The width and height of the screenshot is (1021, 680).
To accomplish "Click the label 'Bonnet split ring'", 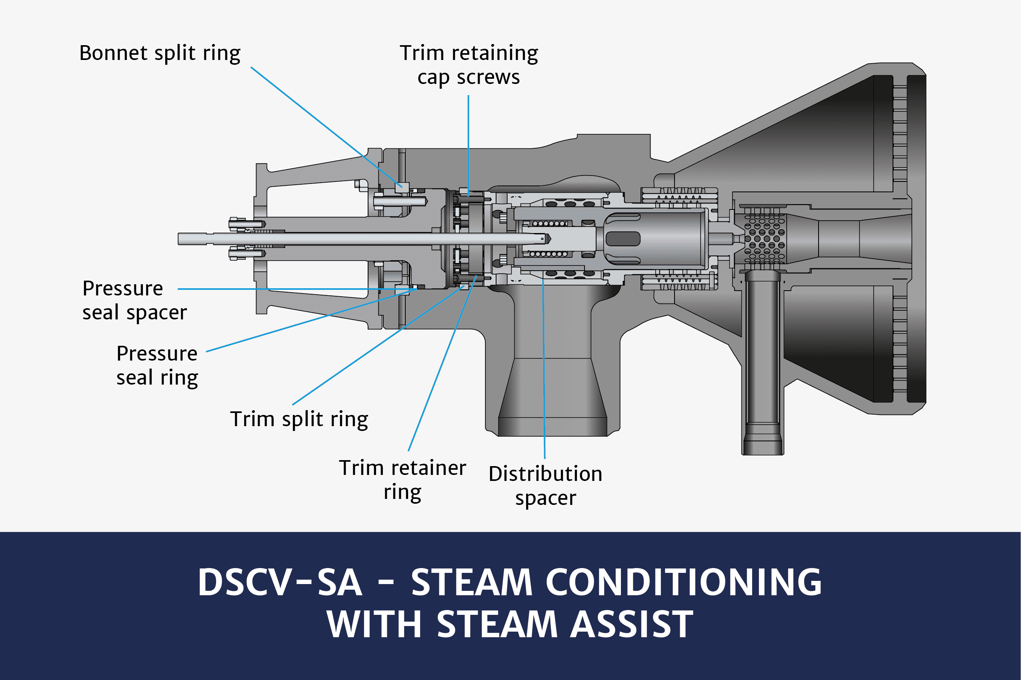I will [160, 53].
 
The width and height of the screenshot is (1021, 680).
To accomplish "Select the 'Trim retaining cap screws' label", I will [468, 65].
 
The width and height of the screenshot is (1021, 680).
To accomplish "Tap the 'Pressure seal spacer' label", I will [134, 300].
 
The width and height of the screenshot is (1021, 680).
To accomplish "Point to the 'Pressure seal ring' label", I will [157, 365].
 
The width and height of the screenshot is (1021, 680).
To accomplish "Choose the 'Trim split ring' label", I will [299, 419].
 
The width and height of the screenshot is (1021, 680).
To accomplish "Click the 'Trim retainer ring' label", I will [402, 480].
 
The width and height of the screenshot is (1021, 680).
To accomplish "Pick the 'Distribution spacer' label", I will [545, 485].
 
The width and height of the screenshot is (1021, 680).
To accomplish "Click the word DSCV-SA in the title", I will [280, 582].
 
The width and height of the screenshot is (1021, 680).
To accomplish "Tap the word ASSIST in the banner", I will [631, 624].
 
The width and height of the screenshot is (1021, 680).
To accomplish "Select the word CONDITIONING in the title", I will [683, 582].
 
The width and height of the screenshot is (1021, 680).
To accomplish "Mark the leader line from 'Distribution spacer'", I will [544, 369].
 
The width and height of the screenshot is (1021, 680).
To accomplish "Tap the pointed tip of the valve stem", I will [549, 239].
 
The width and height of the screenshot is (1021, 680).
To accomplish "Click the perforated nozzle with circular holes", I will [765, 239].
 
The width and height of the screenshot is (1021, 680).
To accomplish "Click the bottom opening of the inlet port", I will [553, 434].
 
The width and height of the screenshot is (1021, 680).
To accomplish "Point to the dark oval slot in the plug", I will [623, 239].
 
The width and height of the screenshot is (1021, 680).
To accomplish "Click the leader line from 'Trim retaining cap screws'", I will [468, 143].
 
